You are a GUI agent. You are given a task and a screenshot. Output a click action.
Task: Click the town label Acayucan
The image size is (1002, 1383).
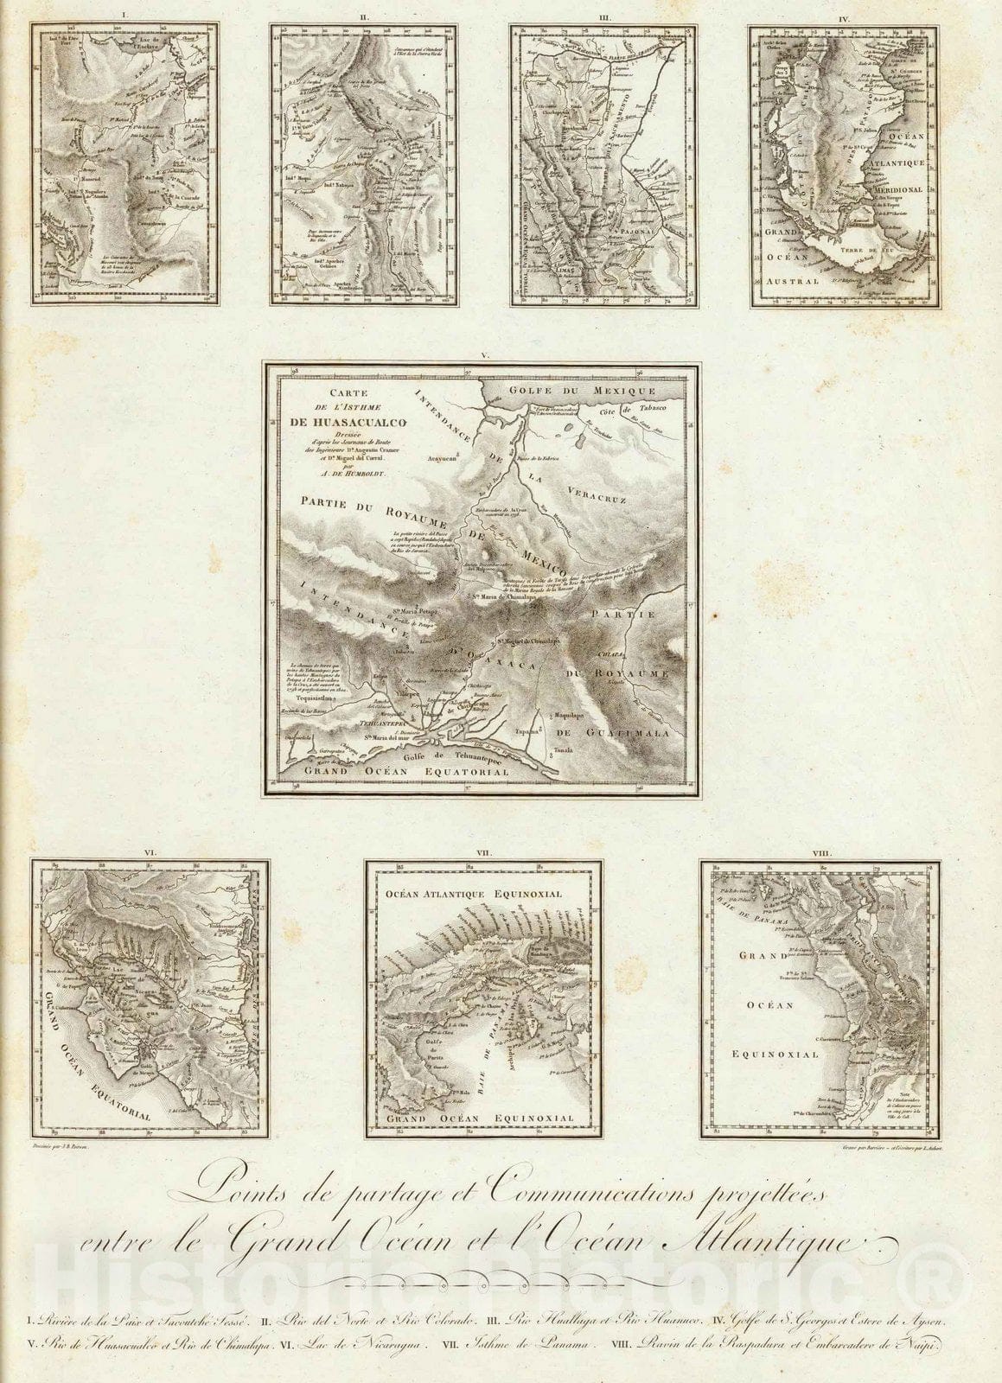439,462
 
